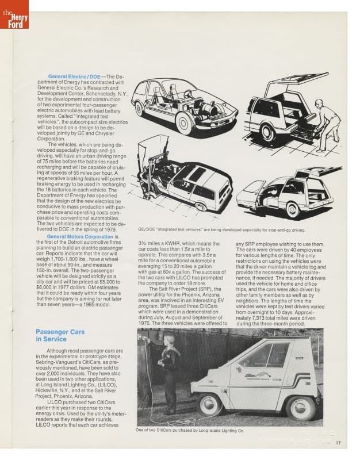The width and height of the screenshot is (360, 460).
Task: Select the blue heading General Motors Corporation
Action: [80, 236]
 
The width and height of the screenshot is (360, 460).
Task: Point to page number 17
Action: [339, 442]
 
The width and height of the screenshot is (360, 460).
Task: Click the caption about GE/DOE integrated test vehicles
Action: [221, 229]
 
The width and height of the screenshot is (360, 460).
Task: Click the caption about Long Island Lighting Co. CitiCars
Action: [190, 430]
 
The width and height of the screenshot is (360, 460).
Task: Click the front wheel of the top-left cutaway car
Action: [185, 122]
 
